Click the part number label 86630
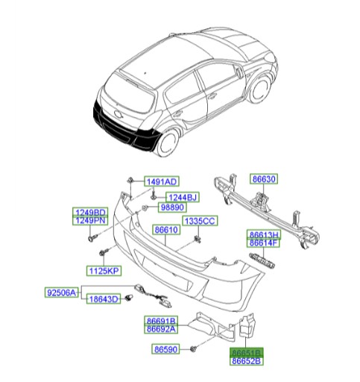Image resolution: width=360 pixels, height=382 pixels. [x=264, y=180]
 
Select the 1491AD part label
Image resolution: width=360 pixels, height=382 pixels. [x=160, y=182]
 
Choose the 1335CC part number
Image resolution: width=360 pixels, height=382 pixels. [x=200, y=221]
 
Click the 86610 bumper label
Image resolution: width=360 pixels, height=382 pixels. [x=166, y=231]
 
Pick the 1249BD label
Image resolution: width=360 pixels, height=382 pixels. [x=89, y=213]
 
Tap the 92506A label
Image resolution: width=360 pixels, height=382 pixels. [x=60, y=293]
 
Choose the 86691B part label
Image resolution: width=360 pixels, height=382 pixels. [x=160, y=321]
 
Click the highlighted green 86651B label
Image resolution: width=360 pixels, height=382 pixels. [x=246, y=352]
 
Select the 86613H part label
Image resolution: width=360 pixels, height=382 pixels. [x=263, y=234]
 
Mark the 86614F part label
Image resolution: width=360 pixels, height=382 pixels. [x=263, y=242]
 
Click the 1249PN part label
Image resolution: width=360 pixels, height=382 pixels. [x=89, y=221]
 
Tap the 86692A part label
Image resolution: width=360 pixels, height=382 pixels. [x=160, y=329]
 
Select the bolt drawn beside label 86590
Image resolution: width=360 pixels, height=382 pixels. [x=194, y=348]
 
